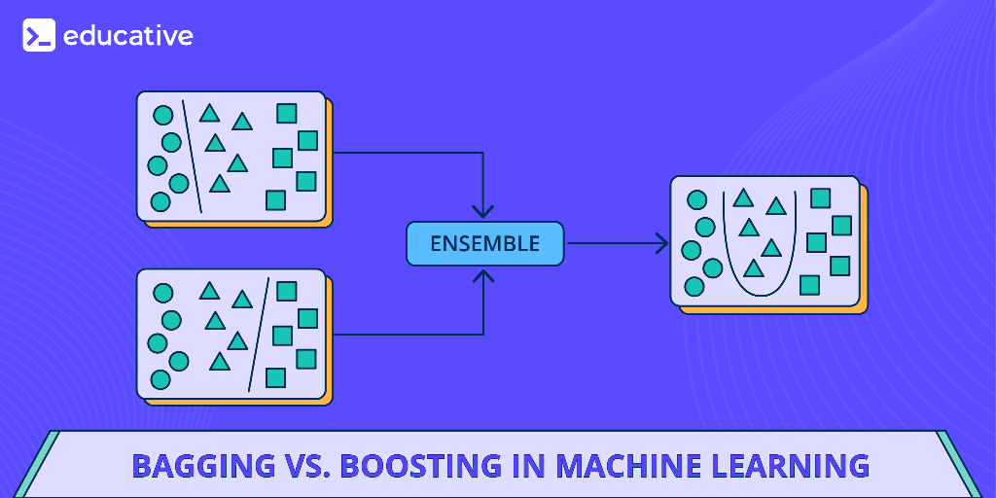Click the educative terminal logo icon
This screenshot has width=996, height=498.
(x=39, y=36)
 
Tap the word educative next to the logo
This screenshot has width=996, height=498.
(x=127, y=36)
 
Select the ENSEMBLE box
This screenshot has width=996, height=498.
(x=484, y=243)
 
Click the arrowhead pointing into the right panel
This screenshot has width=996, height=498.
(x=662, y=243)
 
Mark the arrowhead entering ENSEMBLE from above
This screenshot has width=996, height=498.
(x=483, y=211)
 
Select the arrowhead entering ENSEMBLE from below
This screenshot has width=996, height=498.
(x=483, y=276)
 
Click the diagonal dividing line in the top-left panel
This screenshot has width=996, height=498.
(x=193, y=158)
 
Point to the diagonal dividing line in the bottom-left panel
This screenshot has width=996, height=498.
(x=258, y=335)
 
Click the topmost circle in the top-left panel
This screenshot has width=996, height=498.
(x=162, y=116)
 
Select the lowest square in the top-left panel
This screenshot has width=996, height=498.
(x=275, y=200)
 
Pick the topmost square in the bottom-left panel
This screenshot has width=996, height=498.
(x=286, y=291)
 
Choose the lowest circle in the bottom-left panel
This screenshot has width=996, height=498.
(x=160, y=379)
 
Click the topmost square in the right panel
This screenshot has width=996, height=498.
(x=820, y=198)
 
